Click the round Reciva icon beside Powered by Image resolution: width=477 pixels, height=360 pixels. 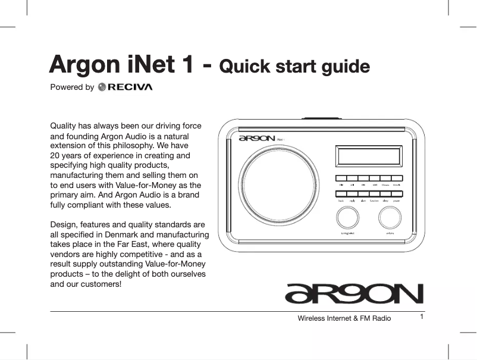(102, 87)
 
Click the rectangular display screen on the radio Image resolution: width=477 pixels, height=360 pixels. (368, 156)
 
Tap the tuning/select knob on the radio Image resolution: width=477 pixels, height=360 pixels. (347, 220)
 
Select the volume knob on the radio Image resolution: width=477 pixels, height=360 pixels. (390, 220)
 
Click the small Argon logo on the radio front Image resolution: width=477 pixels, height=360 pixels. (257, 139)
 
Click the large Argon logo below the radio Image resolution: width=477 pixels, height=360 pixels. (354, 293)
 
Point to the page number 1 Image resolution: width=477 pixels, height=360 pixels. (421, 316)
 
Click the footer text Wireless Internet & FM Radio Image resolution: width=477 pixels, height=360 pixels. (344, 318)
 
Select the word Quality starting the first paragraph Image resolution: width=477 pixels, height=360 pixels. (64, 126)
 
